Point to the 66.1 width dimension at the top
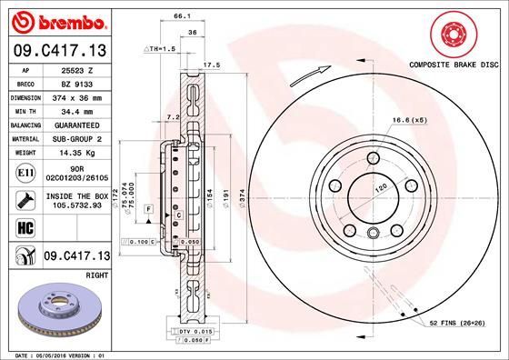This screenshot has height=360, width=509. [x=181, y=15]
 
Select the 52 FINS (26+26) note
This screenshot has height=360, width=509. [x=456, y=324]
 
